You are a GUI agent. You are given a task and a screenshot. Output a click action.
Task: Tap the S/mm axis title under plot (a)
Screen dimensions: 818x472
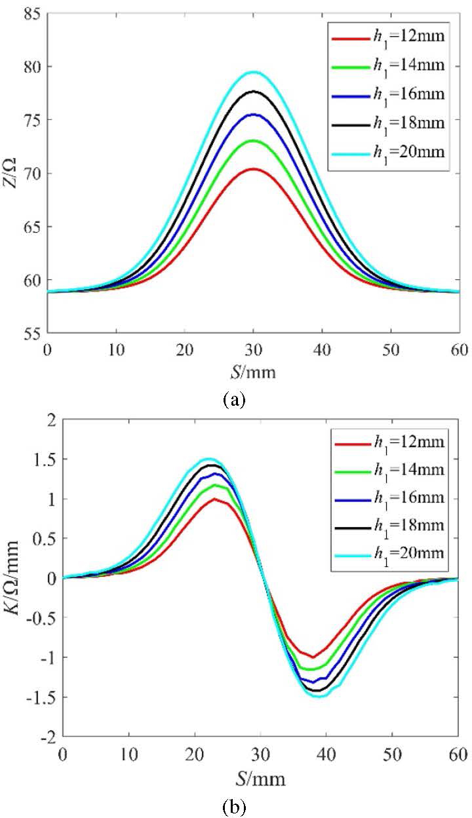click(x=252, y=373)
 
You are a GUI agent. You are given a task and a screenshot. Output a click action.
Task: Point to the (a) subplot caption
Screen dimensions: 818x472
click(x=234, y=399)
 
